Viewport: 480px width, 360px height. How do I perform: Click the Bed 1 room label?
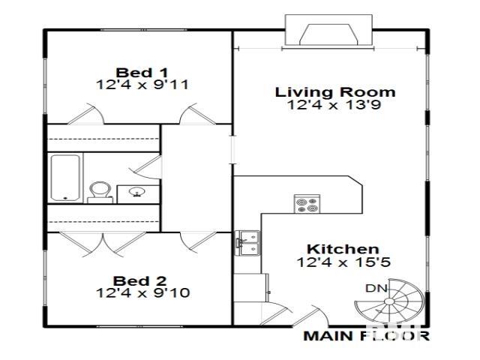[x=142, y=72]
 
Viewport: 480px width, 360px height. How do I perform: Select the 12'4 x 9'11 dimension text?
[x=142, y=85]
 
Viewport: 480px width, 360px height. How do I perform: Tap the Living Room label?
[x=335, y=92]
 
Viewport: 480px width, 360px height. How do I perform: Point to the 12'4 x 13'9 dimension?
[x=335, y=105]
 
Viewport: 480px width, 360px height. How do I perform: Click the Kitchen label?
[x=342, y=249]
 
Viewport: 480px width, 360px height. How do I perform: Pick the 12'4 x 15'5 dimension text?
[x=343, y=262]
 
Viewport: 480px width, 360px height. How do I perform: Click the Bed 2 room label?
[x=142, y=278]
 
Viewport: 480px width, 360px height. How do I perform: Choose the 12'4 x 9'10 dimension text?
[x=142, y=292]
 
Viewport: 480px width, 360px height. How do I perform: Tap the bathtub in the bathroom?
[x=66, y=178]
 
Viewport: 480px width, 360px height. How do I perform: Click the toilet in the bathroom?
[x=98, y=191]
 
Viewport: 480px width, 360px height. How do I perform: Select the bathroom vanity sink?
[x=137, y=193]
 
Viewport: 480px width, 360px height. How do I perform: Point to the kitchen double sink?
[x=248, y=241]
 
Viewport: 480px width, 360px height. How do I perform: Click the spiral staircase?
[x=389, y=302]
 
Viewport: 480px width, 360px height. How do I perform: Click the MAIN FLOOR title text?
[x=366, y=335]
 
